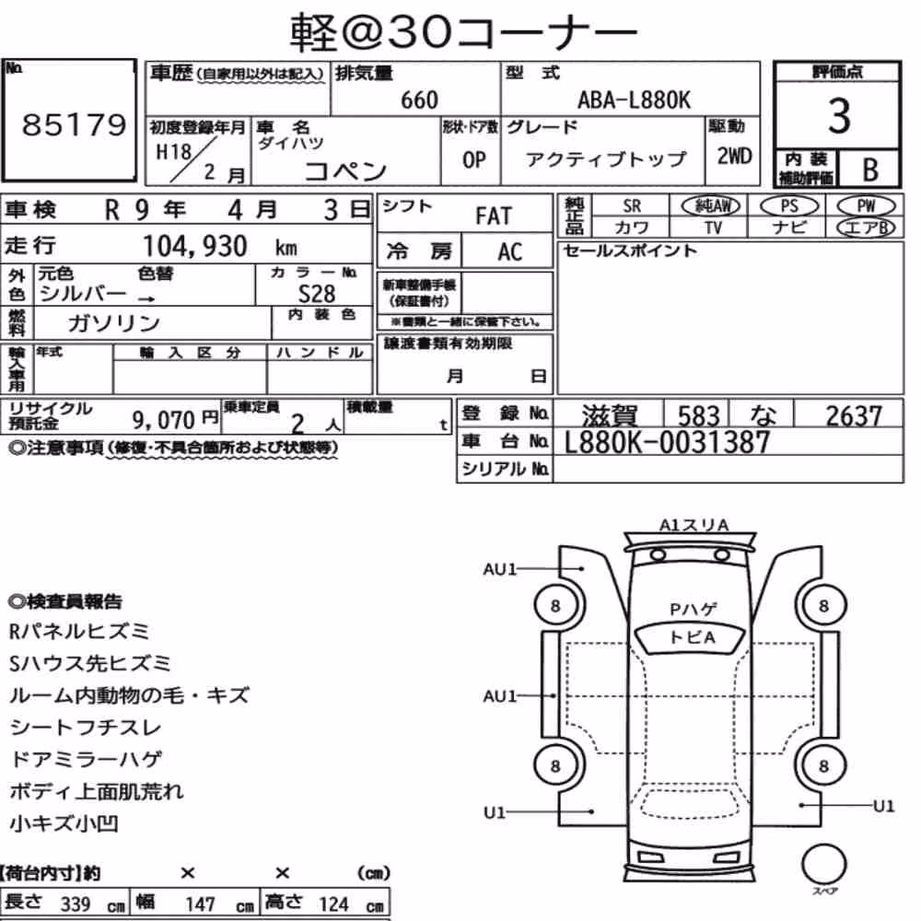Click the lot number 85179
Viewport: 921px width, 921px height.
pyautogui.click(x=74, y=124)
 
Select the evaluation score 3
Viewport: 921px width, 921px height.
pyautogui.click(x=839, y=116)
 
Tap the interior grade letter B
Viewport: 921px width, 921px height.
pyautogui.click(x=870, y=169)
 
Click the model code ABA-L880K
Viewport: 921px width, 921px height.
pyautogui.click(x=635, y=100)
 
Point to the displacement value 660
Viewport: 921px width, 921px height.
pyautogui.click(x=419, y=100)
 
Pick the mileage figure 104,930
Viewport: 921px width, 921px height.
pyautogui.click(x=195, y=246)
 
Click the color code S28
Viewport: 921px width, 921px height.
pyautogui.click(x=317, y=294)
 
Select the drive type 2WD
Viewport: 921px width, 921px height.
pyautogui.click(x=734, y=157)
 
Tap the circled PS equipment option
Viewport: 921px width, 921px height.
pyautogui.click(x=789, y=206)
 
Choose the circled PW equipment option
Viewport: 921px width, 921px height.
pyautogui.click(x=866, y=206)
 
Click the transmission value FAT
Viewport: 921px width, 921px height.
pyautogui.click(x=494, y=216)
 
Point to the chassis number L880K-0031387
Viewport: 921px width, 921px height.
pyautogui.click(x=667, y=442)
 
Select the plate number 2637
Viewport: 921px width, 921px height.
pyautogui.click(x=854, y=416)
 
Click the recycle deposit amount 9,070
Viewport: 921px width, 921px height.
pyautogui.click(x=163, y=420)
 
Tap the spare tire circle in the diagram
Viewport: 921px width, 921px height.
pyautogui.click(x=824, y=865)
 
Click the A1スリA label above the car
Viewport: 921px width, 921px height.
pyautogui.click(x=694, y=525)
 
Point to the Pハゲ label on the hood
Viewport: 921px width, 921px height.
pyautogui.click(x=694, y=610)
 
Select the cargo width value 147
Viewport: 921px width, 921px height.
pyautogui.click(x=200, y=904)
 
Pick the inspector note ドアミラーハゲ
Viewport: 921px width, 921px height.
pyautogui.click(x=86, y=760)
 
